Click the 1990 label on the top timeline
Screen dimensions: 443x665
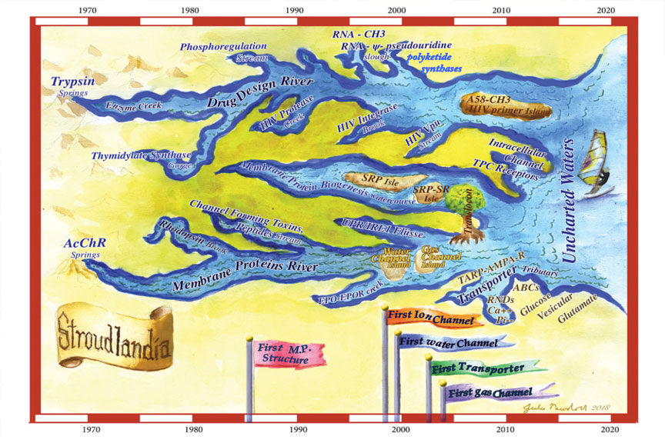[x=293, y=10]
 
